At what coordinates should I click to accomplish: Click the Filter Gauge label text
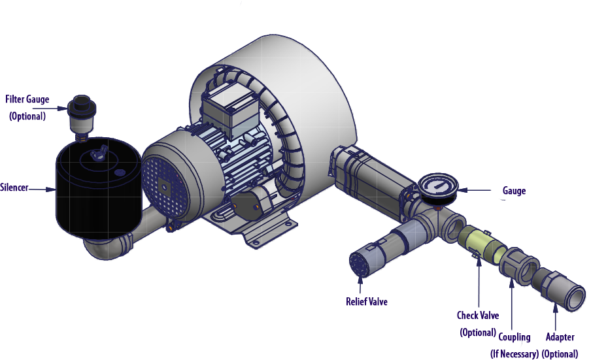27,99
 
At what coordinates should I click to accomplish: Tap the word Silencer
14,188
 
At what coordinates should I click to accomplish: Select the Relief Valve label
366,301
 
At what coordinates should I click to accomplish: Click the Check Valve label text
478,316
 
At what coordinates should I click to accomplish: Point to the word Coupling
514,337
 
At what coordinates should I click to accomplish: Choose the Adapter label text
560,337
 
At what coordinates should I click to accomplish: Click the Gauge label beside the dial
514,191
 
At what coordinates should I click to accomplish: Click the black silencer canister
99,188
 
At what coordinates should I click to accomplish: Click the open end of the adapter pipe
575,298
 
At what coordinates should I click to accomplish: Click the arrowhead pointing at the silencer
51,189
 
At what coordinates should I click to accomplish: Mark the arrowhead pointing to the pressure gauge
463,190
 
